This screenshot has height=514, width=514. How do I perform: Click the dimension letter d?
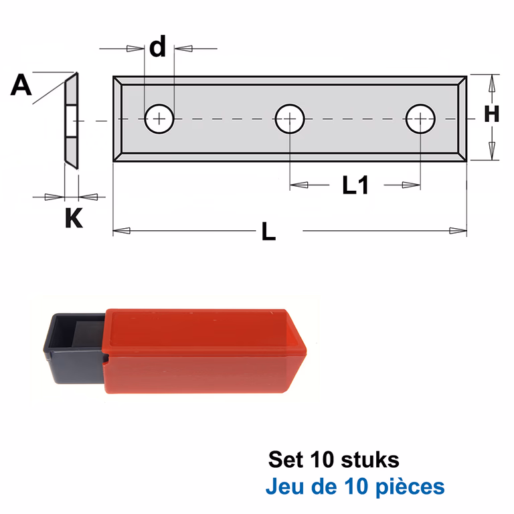tap(158, 47)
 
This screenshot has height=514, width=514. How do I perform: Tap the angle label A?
tap(21, 85)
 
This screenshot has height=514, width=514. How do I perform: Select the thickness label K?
tap(74, 218)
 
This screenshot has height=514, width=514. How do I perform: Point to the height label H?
tap(492, 114)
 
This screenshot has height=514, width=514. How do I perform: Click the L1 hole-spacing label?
tap(355, 185)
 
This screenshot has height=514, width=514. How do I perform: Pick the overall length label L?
tap(269, 232)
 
